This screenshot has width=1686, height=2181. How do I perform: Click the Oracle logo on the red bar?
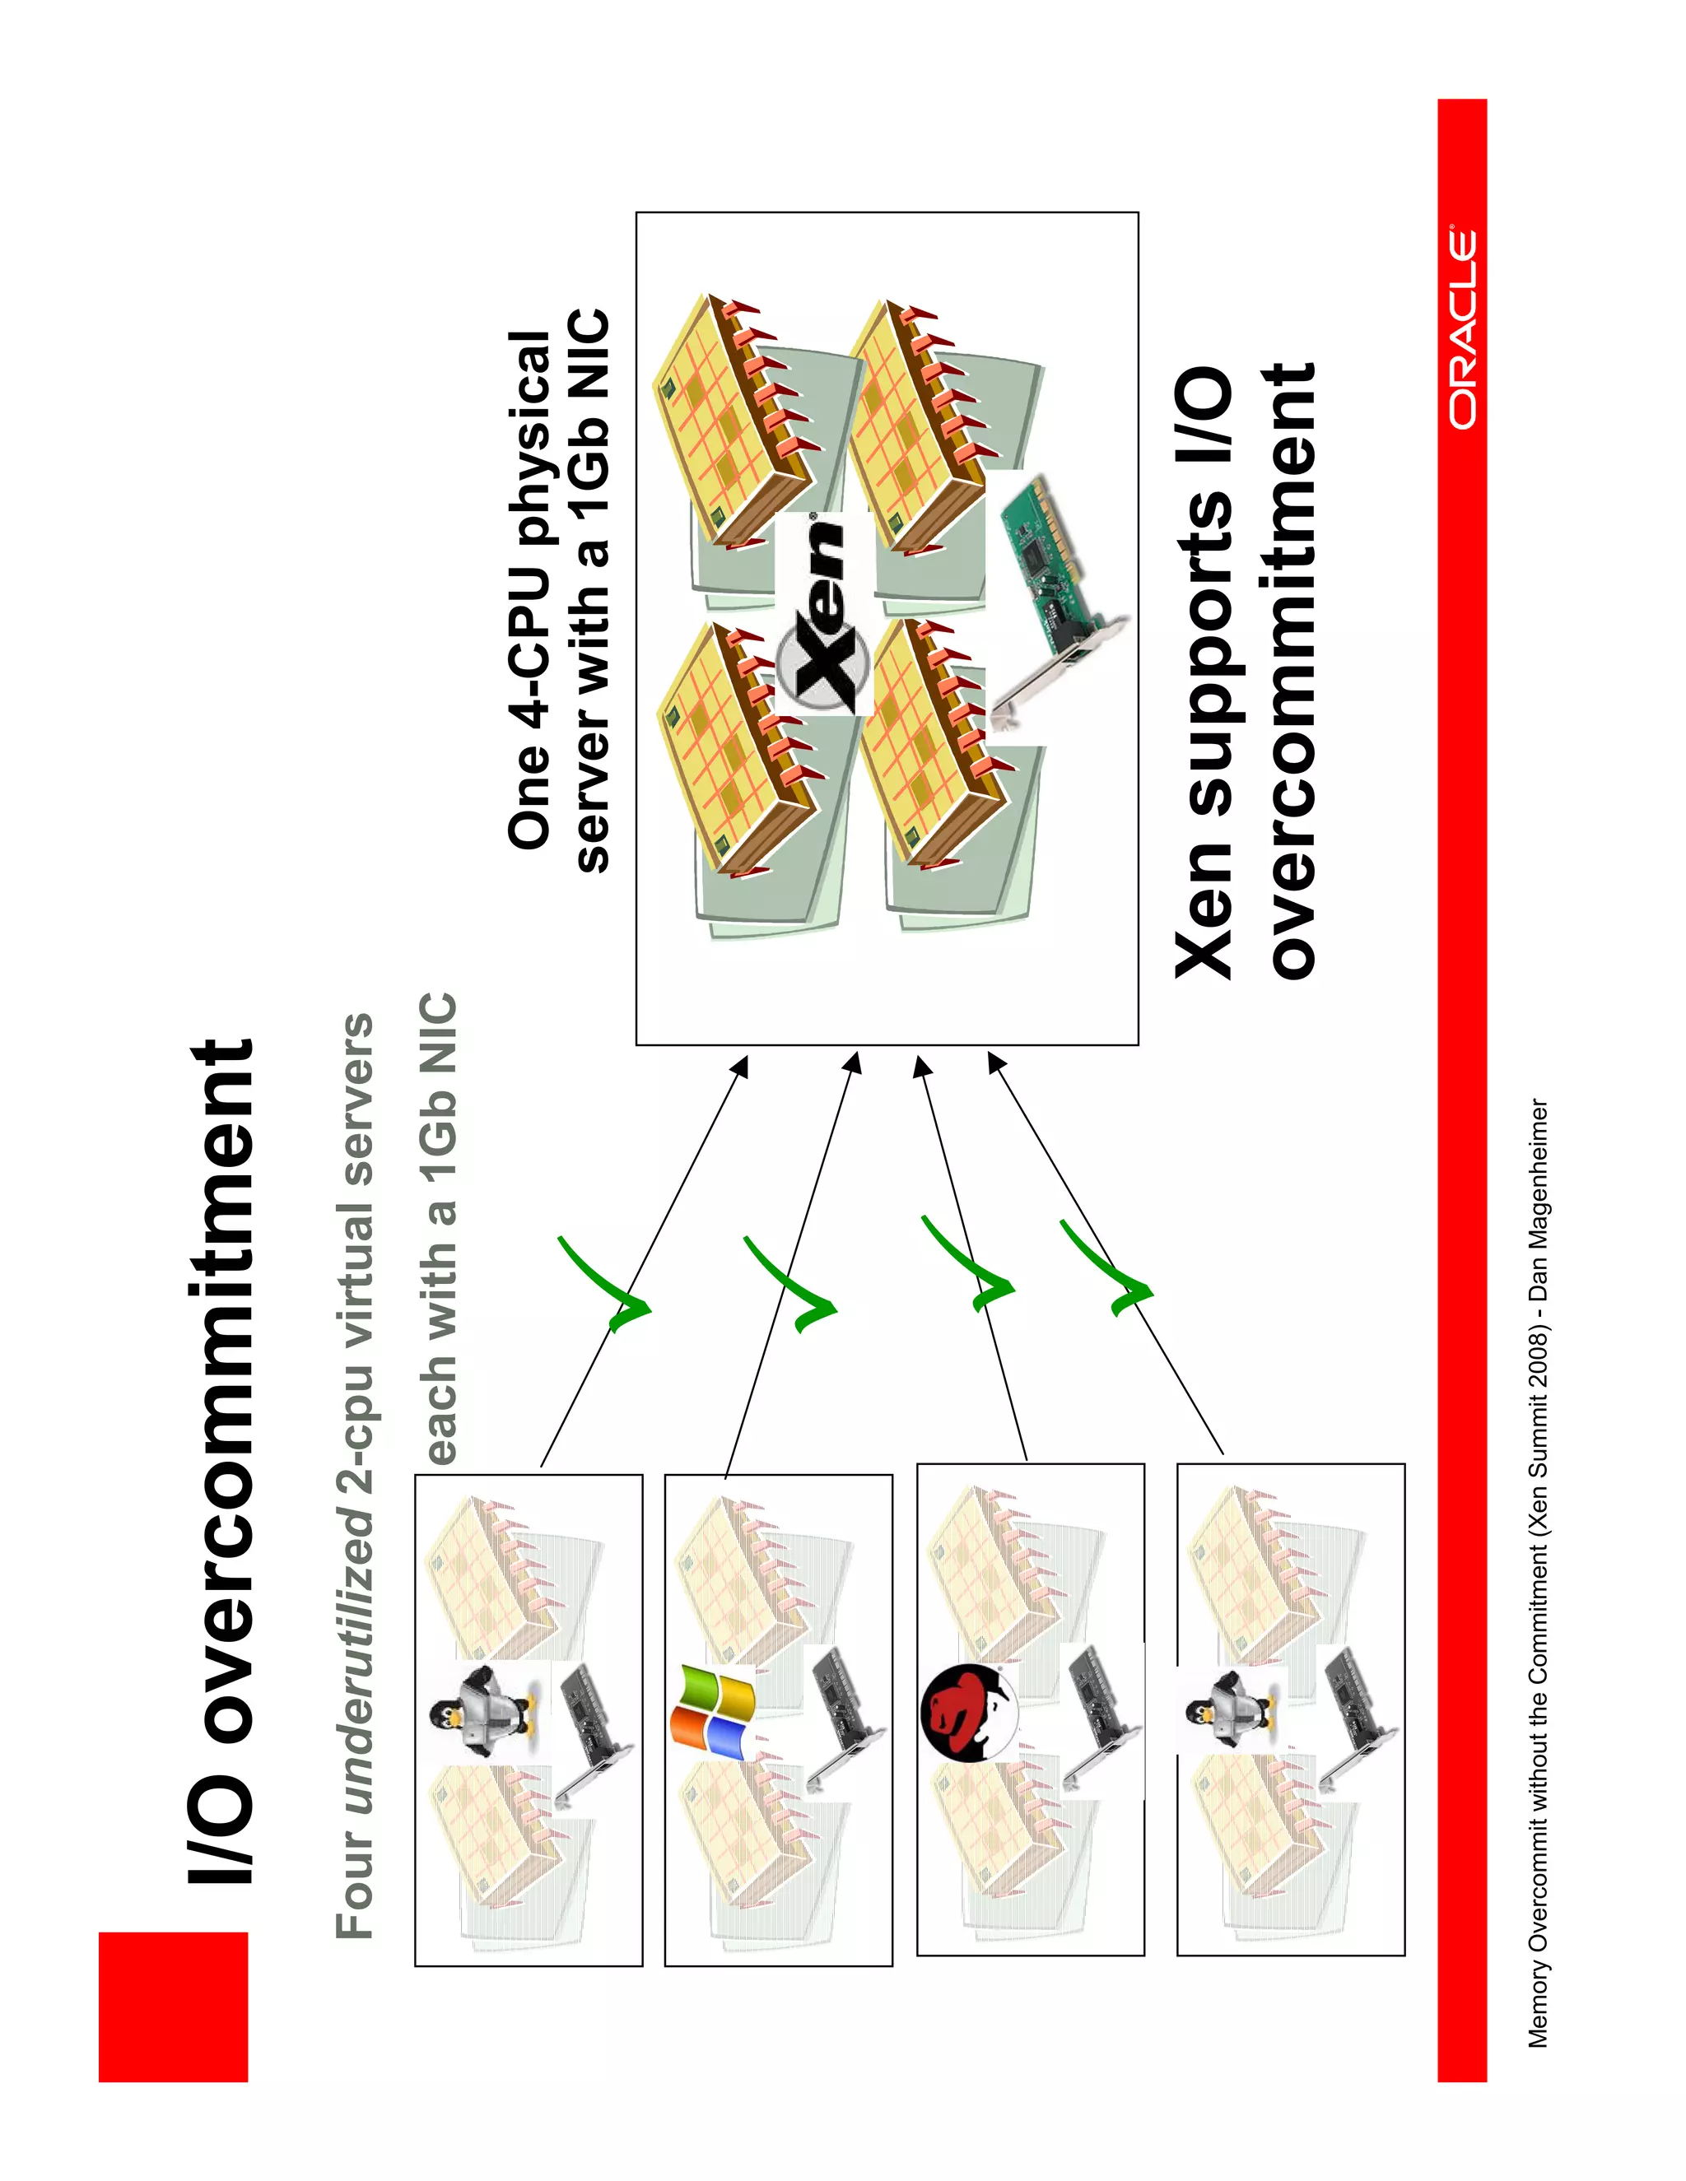[1463, 329]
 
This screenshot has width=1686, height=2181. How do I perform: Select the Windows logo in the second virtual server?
[711, 1712]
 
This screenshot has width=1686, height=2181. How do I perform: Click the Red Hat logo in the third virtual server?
[966, 1714]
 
